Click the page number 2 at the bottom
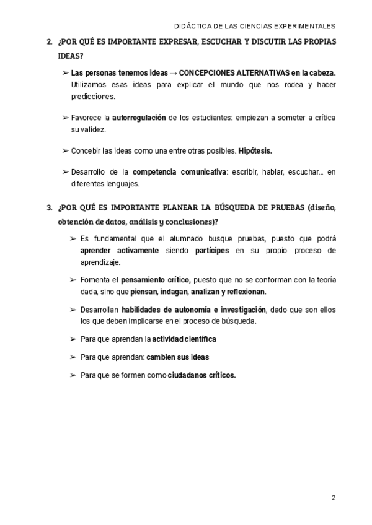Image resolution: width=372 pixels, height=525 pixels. pyautogui.click(x=334, y=498)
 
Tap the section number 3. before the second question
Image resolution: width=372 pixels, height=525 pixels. pyautogui.click(x=50, y=207)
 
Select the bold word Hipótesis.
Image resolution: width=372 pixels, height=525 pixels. pyautogui.click(x=255, y=150)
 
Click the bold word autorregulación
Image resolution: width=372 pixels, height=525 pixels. pyautogui.click(x=139, y=117)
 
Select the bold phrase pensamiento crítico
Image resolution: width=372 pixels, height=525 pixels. pyautogui.click(x=155, y=280)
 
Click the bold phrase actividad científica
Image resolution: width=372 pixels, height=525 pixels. pyautogui.click(x=184, y=339)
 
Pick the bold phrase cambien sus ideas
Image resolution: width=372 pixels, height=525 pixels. pyautogui.click(x=178, y=357)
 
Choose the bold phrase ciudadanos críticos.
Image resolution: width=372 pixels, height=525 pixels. pyautogui.click(x=202, y=375)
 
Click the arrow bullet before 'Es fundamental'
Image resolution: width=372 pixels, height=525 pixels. pyautogui.click(x=74, y=238)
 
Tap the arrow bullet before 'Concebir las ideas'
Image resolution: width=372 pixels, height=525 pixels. pyautogui.click(x=65, y=150)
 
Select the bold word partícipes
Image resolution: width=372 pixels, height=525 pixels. pyautogui.click(x=210, y=251)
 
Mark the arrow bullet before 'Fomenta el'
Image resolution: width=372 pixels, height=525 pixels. pyautogui.click(x=74, y=280)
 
